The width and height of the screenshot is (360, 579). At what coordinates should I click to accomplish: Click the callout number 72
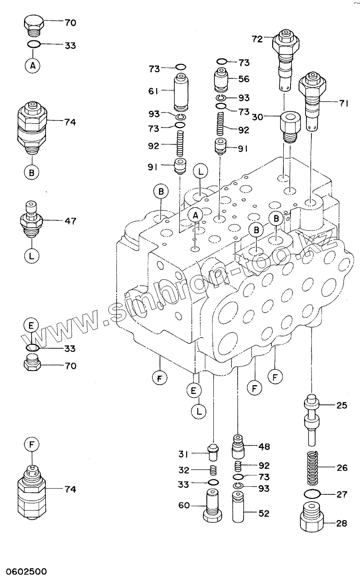coord(258,39)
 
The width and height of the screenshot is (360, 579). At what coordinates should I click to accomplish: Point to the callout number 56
coord(243,79)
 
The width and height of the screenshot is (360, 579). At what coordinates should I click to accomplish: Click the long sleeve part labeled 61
coord(181,92)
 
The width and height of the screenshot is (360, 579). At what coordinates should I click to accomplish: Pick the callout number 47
coord(70,221)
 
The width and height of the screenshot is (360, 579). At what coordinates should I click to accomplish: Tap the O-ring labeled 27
coord(312,494)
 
